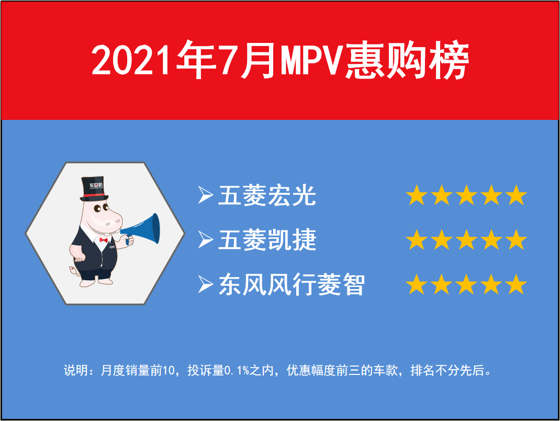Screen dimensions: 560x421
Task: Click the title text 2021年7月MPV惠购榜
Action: [x=280, y=60]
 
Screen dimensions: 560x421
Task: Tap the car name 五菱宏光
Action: [x=267, y=195]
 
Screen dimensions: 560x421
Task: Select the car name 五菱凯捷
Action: [x=267, y=240]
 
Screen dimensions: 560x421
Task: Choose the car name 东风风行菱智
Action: [x=292, y=284]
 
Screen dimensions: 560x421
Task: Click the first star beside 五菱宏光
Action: [x=417, y=195]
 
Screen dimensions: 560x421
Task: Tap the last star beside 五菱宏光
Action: [x=516, y=195]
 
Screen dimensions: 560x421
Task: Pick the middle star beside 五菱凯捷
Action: [x=466, y=239]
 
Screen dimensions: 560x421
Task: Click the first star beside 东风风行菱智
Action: [x=417, y=284]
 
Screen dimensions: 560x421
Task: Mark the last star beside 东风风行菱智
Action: [x=516, y=284]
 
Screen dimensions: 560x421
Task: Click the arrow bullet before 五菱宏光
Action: [x=205, y=195]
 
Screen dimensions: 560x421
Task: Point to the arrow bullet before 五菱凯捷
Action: [x=205, y=239]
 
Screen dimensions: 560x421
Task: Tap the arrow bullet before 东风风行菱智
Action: [x=205, y=284]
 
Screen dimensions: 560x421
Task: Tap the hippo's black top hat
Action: [x=94, y=189]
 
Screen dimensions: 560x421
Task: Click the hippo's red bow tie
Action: [x=104, y=240]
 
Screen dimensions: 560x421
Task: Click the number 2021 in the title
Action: [x=130, y=60]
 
